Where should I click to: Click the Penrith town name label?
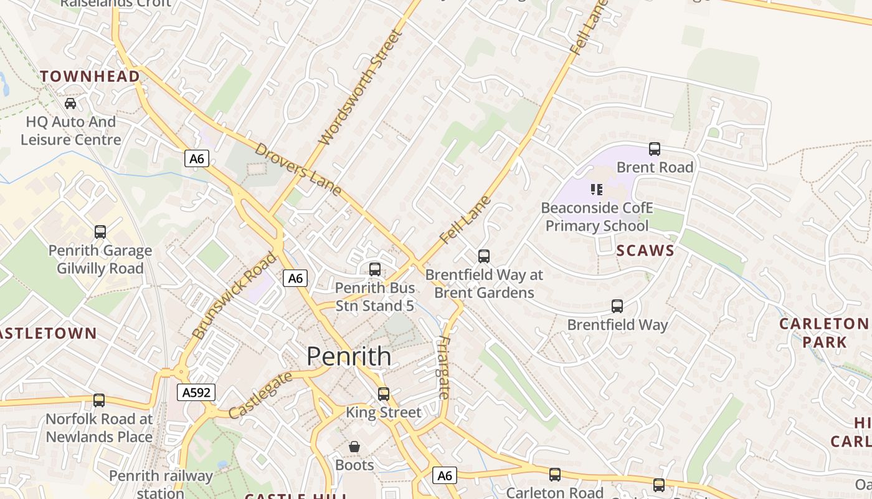349,356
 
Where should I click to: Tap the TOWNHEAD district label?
90,76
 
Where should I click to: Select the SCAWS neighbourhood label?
645,251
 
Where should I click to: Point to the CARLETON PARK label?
824,332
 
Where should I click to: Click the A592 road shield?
196,392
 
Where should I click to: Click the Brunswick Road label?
234,295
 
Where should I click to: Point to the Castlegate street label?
260,395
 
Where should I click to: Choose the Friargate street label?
443,367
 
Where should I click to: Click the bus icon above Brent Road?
654,149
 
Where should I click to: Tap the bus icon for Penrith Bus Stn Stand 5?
374,269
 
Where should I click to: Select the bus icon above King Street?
384,394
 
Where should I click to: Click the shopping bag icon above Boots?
354,447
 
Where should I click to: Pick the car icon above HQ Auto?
70,104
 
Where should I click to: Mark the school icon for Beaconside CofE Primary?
596,189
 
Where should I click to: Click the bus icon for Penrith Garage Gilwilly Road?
100,232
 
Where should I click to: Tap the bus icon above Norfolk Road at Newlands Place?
99,400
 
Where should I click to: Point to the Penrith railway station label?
161,484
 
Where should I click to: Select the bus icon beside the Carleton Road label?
555,475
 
